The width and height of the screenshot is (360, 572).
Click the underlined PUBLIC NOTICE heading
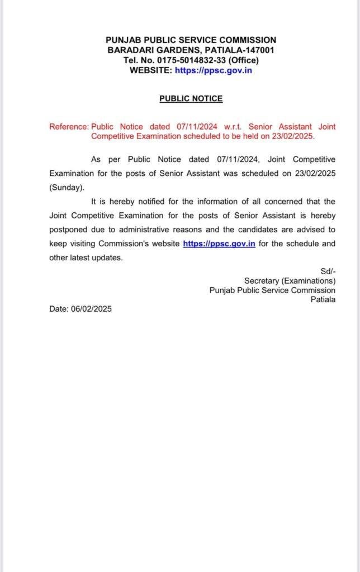(191, 98)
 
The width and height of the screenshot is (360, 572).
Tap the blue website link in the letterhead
(213, 70)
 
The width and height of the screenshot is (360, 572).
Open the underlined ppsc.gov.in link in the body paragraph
(219, 244)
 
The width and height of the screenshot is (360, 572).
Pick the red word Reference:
(69, 127)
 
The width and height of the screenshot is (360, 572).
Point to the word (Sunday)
(67, 187)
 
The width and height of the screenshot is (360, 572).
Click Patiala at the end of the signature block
(323, 299)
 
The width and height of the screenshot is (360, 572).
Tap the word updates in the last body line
(108, 258)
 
